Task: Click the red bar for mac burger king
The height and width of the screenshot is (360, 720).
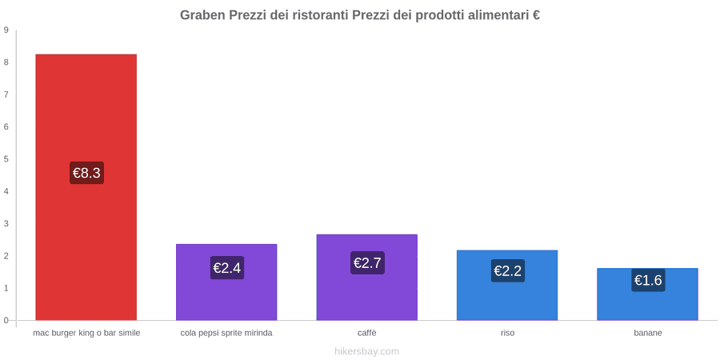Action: tap(86, 187)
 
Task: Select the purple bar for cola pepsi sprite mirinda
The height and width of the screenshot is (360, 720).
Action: tap(226, 282)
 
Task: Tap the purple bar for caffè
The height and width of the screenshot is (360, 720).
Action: tap(367, 278)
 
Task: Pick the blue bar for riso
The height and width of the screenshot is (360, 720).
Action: tap(507, 285)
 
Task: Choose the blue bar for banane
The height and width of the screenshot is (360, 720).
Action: tap(647, 294)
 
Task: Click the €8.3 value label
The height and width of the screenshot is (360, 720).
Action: tap(86, 173)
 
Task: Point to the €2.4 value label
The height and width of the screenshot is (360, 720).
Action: tap(227, 268)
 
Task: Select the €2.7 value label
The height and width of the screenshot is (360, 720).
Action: tap(367, 263)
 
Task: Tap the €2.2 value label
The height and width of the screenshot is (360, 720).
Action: tap(507, 271)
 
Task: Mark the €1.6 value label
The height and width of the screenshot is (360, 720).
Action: tap(648, 280)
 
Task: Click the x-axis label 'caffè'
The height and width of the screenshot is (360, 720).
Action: tap(367, 333)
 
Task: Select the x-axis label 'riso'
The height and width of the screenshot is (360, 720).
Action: tap(507, 333)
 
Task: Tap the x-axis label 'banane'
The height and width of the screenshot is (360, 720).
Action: tap(648, 333)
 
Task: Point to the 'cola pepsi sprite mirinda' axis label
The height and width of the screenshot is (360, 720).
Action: tap(226, 333)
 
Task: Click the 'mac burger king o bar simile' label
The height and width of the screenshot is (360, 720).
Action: tap(86, 333)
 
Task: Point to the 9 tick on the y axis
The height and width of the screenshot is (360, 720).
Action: tap(6, 30)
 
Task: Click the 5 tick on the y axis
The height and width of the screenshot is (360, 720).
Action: tap(6, 159)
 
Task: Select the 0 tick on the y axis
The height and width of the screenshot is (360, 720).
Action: tap(6, 321)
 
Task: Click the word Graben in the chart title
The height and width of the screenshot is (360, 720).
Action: tap(202, 15)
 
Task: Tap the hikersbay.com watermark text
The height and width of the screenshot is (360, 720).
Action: tap(367, 351)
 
